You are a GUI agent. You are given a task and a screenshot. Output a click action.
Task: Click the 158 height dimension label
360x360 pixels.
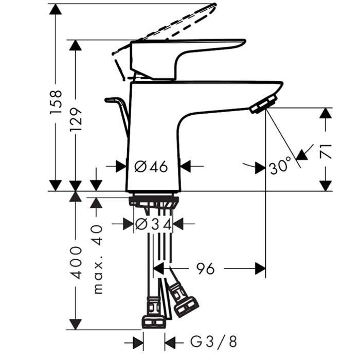[56, 102]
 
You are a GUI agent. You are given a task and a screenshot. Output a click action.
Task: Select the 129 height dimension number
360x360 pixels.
[76, 120]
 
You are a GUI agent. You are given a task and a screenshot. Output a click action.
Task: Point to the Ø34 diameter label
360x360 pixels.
[153, 224]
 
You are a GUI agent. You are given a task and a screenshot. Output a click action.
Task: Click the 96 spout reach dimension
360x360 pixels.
[206, 268]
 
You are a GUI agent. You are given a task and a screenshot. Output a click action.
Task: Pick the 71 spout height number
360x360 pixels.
[326, 152]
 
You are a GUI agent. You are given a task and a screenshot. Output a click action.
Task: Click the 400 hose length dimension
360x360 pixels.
[76, 263]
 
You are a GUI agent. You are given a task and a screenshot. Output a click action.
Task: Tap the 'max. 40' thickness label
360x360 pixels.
[98, 259]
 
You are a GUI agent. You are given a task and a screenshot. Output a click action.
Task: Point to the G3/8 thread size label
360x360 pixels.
[213, 341]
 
